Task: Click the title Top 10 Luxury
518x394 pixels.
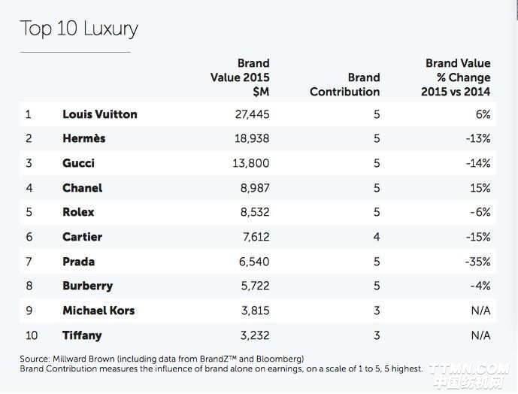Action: [x=79, y=29]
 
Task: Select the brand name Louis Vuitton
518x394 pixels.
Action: [x=99, y=114]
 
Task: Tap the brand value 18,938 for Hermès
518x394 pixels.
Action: [x=252, y=138]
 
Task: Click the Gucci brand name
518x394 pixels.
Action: [x=78, y=163]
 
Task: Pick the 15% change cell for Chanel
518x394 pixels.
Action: [x=480, y=188]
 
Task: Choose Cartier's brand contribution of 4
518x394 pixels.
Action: [x=376, y=237]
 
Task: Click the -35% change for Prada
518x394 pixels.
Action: [x=477, y=262]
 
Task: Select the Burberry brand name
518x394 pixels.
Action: [x=87, y=286]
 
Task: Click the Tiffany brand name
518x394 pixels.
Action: [x=82, y=335]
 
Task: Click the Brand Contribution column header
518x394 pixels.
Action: [x=345, y=84]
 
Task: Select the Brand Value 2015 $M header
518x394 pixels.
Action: [x=241, y=77]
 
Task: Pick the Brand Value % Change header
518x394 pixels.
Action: [x=456, y=77]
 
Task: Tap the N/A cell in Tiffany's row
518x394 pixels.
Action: [x=480, y=335]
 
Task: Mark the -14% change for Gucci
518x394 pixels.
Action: [x=477, y=163]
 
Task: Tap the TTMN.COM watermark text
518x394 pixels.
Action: [x=471, y=368]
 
